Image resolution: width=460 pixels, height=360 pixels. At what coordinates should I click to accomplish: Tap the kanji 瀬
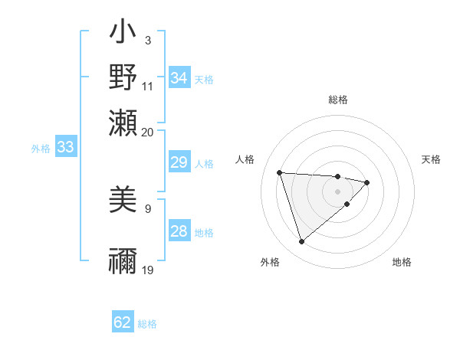(123, 123)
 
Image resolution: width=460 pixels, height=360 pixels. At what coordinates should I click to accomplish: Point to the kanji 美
(123, 198)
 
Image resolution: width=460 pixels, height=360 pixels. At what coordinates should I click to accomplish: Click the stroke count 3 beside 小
(147, 40)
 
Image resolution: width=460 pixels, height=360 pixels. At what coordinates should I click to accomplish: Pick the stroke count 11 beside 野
(147, 86)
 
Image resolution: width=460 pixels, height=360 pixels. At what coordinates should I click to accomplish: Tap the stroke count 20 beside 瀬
(147, 132)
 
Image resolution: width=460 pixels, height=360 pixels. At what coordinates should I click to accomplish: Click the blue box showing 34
(179, 78)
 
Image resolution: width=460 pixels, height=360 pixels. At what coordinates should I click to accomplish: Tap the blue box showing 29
(179, 162)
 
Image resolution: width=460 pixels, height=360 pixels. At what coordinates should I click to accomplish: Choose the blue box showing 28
(179, 231)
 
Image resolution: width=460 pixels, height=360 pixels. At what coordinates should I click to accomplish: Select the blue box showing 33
(65, 147)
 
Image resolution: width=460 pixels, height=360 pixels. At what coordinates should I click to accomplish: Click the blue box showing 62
(123, 322)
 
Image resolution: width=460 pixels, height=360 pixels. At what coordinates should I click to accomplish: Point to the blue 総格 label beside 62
(147, 324)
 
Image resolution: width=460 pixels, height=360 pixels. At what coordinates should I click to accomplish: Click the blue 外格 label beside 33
(41, 149)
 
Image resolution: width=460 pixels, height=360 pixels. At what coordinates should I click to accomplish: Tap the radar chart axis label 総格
(338, 100)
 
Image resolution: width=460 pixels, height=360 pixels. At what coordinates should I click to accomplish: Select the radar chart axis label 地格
(402, 262)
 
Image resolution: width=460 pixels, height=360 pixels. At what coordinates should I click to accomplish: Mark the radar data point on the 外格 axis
(301, 242)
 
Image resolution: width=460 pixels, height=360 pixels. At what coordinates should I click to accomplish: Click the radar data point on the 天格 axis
(367, 182)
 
